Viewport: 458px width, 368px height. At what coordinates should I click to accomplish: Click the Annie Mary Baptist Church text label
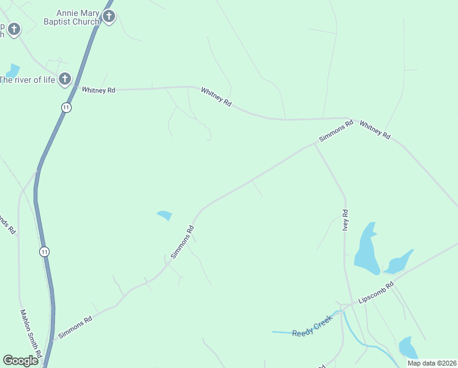77,17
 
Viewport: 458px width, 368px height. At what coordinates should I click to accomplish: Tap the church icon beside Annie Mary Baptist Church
109,17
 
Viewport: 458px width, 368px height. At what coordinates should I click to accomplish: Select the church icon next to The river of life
65,79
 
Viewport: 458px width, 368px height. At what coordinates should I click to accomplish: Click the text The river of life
28,79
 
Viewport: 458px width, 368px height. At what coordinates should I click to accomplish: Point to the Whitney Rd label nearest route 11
99,90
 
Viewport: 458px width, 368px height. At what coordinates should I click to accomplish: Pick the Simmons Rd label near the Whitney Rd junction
336,132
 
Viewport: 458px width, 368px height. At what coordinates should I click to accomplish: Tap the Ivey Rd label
345,220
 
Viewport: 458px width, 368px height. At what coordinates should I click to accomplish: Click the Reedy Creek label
312,326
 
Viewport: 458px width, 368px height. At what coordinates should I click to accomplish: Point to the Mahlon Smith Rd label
29,330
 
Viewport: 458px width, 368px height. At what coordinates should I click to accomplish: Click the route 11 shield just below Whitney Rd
66,107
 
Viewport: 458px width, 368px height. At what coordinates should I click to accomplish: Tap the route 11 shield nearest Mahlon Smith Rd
44,251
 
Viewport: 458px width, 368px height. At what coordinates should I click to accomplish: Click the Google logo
21,361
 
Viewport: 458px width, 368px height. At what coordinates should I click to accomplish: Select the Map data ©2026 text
432,363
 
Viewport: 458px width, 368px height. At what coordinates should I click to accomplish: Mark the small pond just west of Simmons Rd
165,215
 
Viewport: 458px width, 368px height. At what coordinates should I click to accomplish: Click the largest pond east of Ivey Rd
366,248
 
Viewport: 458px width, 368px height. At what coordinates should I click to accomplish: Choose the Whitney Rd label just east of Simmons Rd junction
375,130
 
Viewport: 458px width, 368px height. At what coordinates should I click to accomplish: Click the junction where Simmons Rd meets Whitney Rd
350,118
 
